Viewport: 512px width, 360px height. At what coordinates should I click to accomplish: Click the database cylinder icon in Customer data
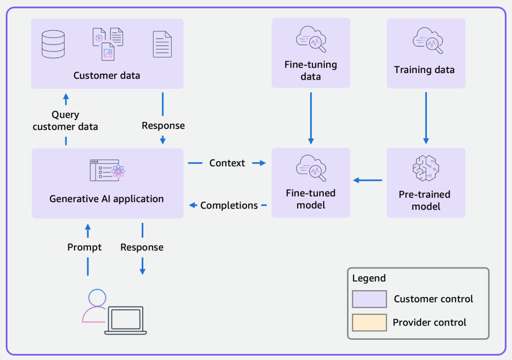tap(53, 44)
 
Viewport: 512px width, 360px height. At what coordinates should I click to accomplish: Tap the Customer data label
tap(107, 75)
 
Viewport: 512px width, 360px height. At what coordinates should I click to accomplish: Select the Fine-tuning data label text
tap(311, 70)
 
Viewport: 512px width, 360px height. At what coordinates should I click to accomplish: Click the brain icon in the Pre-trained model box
tap(426, 168)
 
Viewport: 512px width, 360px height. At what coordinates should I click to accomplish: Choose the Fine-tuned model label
tap(311, 199)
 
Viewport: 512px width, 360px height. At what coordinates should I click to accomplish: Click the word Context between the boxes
tap(227, 163)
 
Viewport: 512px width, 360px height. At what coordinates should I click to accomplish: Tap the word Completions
tap(229, 205)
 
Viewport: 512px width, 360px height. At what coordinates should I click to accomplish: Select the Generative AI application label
tap(107, 199)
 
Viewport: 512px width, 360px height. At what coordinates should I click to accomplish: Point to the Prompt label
tap(84, 247)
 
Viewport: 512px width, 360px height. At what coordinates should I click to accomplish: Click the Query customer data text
tap(65, 120)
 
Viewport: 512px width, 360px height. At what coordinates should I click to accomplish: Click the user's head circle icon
tap(97, 297)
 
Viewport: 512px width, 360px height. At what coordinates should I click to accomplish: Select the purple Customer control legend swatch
tap(369, 299)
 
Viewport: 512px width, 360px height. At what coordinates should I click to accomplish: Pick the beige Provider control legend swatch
tap(369, 323)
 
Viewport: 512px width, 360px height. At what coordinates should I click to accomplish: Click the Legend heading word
tap(369, 278)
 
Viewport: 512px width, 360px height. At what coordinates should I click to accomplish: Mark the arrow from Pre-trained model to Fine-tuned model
tap(368, 180)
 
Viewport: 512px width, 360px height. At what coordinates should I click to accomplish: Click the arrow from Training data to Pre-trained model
tap(426, 118)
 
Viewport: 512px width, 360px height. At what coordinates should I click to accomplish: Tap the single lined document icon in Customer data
tap(162, 44)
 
